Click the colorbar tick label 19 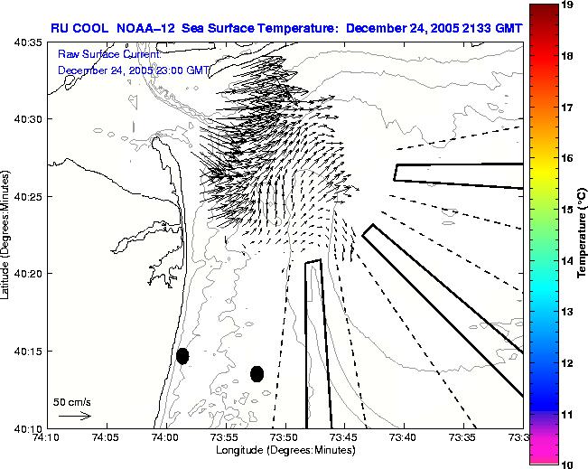tap(569, 5)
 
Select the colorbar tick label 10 tap(569, 464)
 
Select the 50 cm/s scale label tap(71, 401)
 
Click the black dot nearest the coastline tap(182, 356)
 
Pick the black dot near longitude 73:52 tap(257, 373)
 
